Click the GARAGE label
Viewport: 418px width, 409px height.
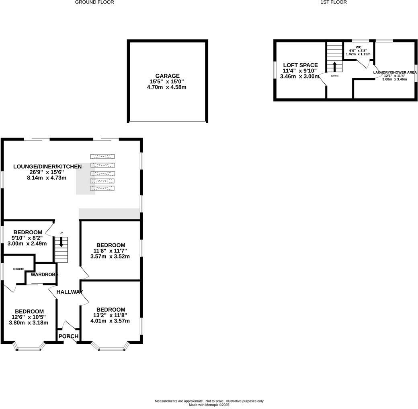pyautogui.click(x=167, y=76)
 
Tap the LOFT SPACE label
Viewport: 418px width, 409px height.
pyautogui.click(x=300, y=65)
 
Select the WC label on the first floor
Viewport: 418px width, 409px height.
pyautogui.click(x=358, y=47)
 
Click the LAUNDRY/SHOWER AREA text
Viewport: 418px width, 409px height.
pyautogui.click(x=394, y=72)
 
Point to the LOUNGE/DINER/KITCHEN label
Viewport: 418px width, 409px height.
pyautogui.click(x=47, y=166)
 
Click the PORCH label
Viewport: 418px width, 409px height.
pyautogui.click(x=68, y=336)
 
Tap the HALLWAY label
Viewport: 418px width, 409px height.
pyautogui.click(x=70, y=292)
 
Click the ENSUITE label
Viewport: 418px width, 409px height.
pyautogui.click(x=18, y=269)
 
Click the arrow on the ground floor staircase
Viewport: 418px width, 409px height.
pyautogui.click(x=61, y=242)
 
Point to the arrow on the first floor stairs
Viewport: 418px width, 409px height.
pyautogui.click(x=334, y=66)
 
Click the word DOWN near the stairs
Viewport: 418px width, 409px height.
pyautogui.click(x=334, y=76)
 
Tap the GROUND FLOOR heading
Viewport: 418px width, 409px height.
pyautogui.click(x=94, y=2)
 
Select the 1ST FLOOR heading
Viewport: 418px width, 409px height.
pyautogui.click(x=334, y=2)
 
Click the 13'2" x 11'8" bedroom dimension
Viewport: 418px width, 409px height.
pyautogui.click(x=111, y=315)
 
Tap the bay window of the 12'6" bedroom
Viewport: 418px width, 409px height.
pyautogui.click(x=29, y=347)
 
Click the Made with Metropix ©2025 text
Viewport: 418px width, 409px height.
pyautogui.click(x=209, y=405)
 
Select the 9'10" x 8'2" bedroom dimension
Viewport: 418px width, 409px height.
pyautogui.click(x=30, y=238)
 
